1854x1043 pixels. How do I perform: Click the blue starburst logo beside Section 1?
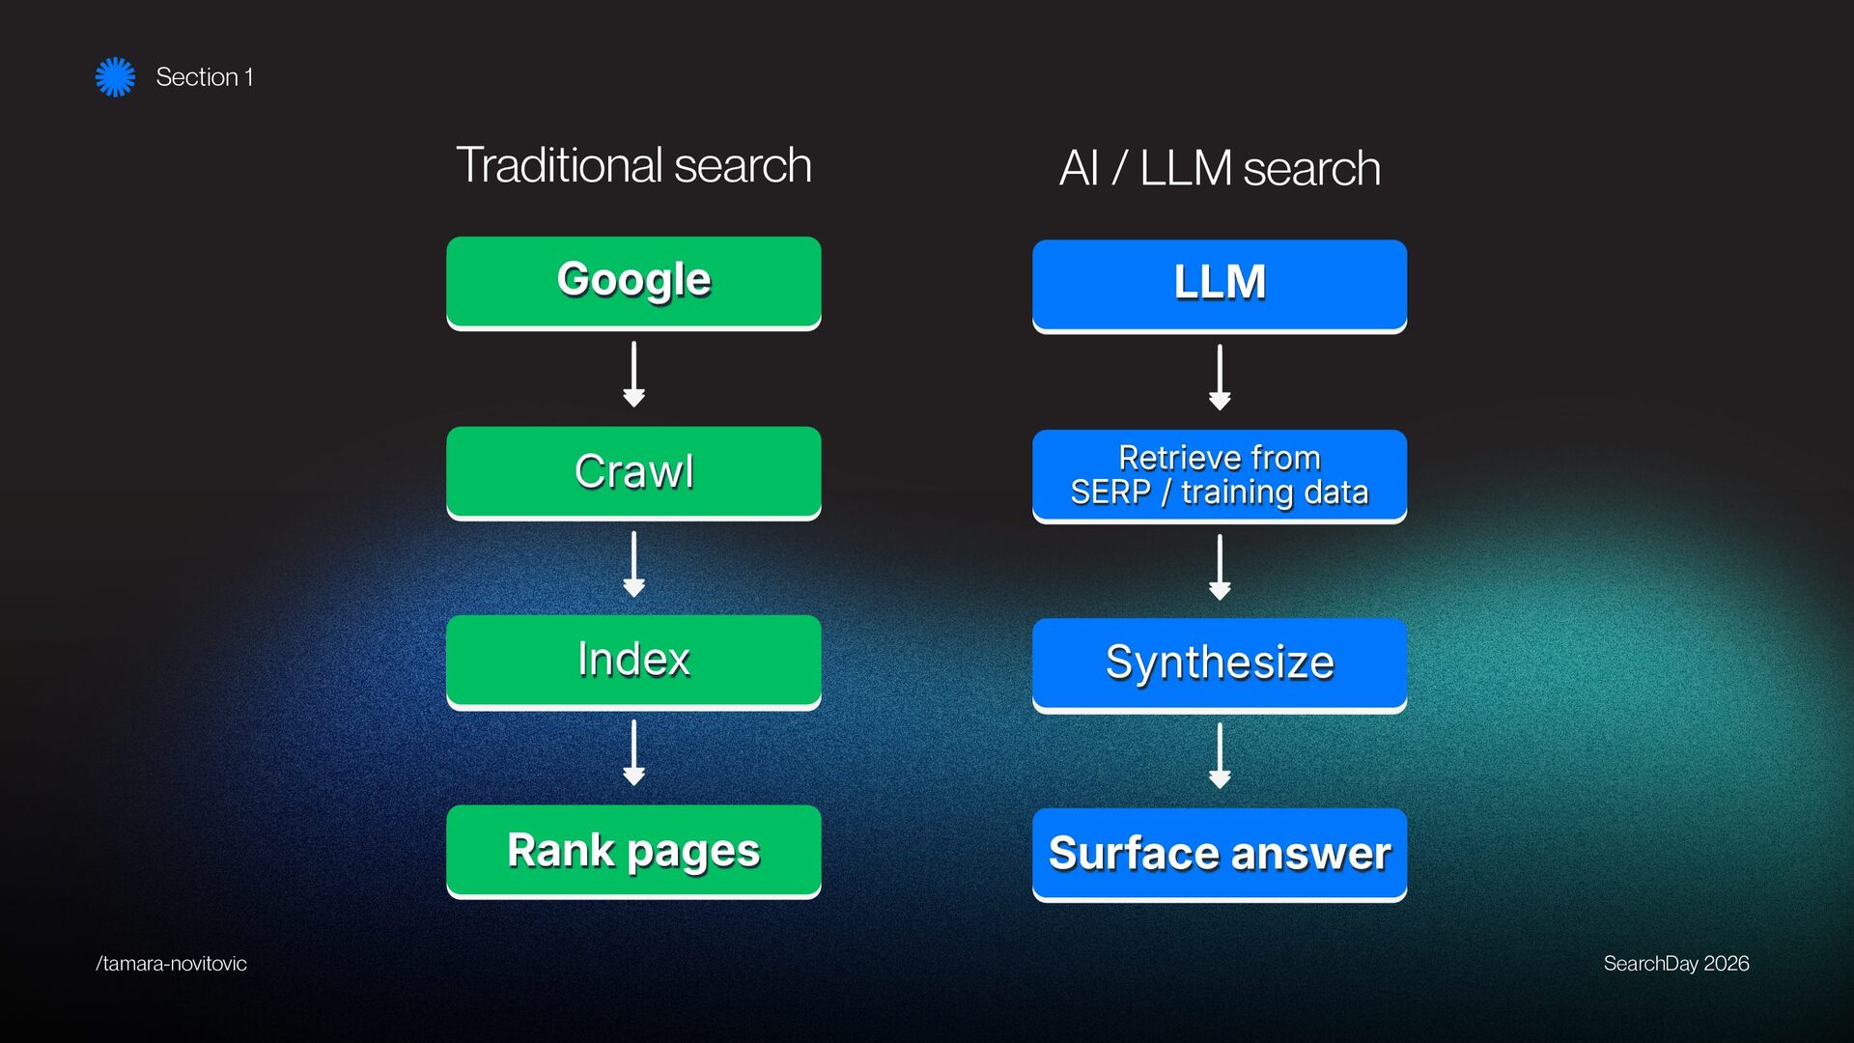click(x=115, y=77)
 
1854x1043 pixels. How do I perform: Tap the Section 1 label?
click(x=204, y=77)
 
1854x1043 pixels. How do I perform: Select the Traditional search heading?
click(x=633, y=165)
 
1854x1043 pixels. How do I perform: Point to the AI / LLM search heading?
click(x=1220, y=168)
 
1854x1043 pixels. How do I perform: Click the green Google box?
click(x=633, y=281)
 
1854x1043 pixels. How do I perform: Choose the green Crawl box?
click(x=633, y=471)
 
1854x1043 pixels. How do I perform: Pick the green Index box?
click(x=633, y=661)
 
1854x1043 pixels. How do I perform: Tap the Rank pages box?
click(x=633, y=851)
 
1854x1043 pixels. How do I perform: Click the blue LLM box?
click(x=1220, y=284)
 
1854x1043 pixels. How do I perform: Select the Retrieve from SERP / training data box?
click(x=1220, y=475)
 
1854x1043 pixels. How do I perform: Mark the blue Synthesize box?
click(x=1220, y=663)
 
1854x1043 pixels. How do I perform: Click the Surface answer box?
click(x=1220, y=854)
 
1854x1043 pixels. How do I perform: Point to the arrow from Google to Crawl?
click(x=633, y=374)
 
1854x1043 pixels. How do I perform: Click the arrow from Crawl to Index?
click(x=633, y=564)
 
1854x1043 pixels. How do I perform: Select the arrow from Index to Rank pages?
click(x=633, y=752)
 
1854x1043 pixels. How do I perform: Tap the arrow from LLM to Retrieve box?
click(x=1220, y=377)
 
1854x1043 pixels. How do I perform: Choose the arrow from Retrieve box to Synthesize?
click(x=1220, y=567)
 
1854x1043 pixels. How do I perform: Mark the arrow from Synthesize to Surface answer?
click(x=1220, y=755)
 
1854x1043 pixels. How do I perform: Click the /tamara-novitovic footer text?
click(x=171, y=964)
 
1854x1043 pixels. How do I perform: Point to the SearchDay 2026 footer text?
click(x=1675, y=964)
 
